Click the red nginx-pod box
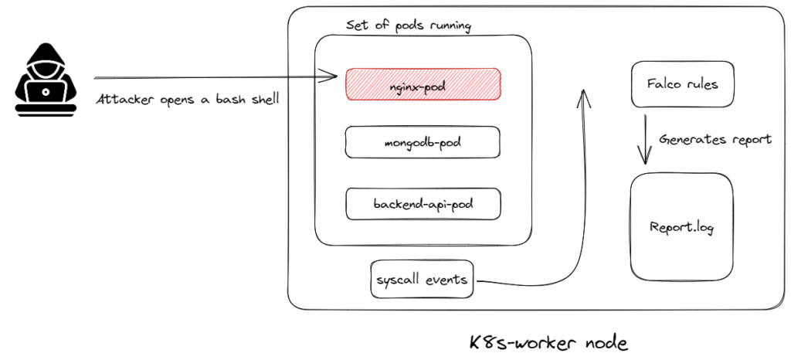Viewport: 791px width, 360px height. [423, 84]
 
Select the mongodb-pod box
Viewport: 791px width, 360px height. [423, 142]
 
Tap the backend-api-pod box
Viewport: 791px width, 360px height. [423, 204]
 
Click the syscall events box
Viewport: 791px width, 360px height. [423, 279]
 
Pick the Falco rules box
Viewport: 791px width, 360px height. [683, 84]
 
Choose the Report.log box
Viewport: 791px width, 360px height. [681, 227]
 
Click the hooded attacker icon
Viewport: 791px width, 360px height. [46, 80]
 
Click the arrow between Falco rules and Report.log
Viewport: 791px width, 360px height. [645, 139]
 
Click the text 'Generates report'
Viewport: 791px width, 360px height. [715, 139]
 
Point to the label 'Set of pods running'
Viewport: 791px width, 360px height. [409, 25]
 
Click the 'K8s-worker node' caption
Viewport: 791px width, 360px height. [548, 343]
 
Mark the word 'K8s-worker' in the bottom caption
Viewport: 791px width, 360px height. [524, 343]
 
